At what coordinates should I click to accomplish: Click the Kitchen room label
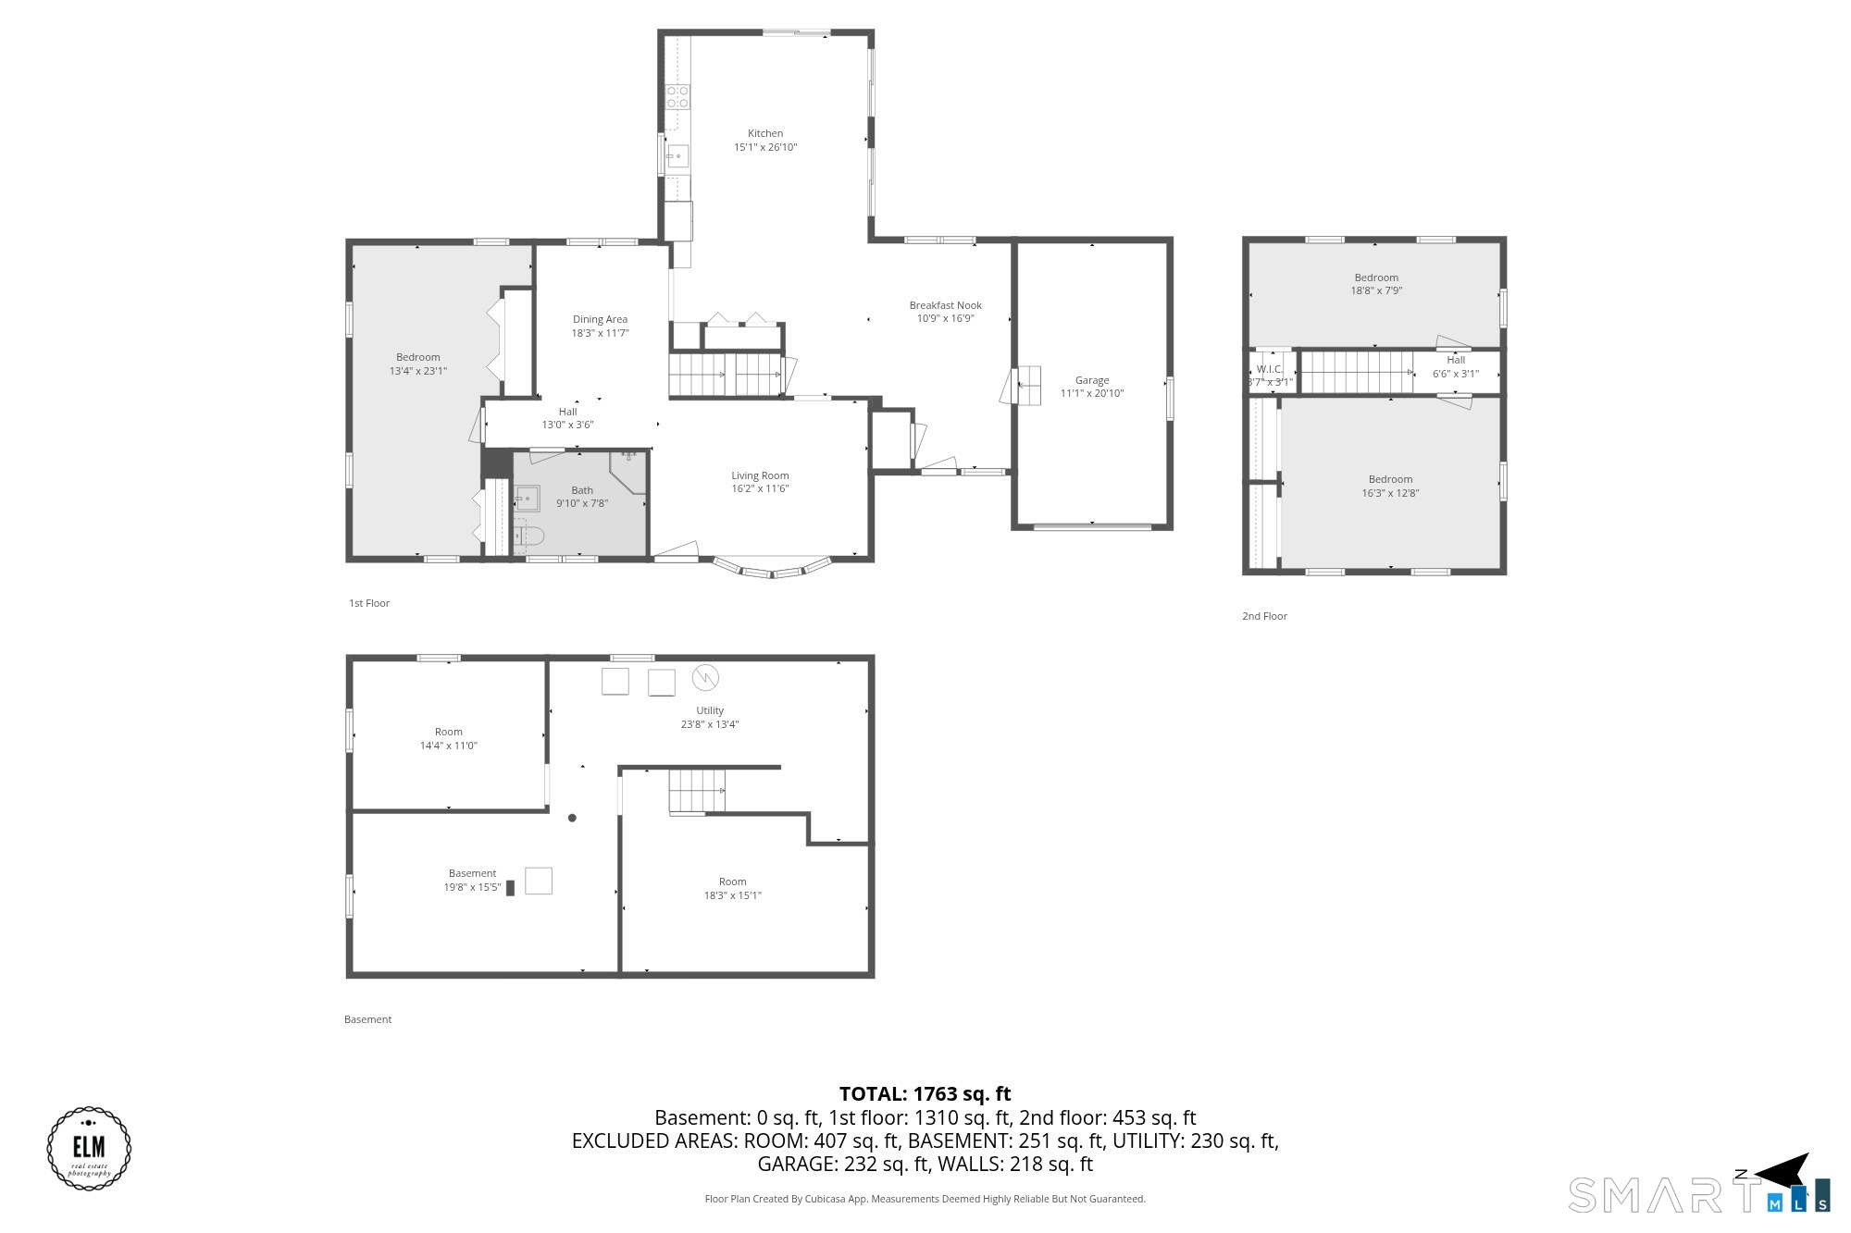[x=765, y=133]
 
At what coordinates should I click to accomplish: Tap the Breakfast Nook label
[x=945, y=305]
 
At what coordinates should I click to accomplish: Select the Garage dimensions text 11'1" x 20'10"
[x=1092, y=393]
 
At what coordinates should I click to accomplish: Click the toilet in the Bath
[x=528, y=536]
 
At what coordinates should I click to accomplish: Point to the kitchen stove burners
[x=677, y=96]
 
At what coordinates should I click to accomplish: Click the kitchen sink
[x=678, y=156]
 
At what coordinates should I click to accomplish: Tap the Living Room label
[x=760, y=475]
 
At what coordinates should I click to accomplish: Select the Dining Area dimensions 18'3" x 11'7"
[x=600, y=333]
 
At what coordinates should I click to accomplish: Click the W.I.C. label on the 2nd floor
[x=1269, y=369]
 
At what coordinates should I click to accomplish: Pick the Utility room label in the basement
[x=710, y=710]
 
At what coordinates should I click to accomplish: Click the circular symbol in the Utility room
[x=705, y=678]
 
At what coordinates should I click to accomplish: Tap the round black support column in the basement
[x=572, y=818]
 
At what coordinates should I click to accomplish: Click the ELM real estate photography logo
[x=89, y=1148]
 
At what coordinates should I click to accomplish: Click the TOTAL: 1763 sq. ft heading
[x=925, y=1094]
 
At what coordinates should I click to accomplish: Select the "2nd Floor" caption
[x=1264, y=616]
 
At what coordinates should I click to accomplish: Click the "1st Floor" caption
[x=369, y=603]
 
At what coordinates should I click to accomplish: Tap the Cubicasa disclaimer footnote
[x=925, y=1199]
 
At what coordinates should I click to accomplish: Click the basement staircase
[x=697, y=792]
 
